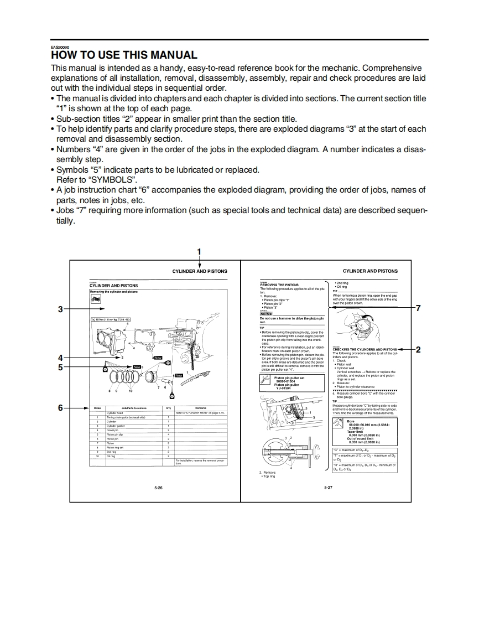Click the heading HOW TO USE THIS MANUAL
tap(124, 55)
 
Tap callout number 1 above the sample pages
tap(199, 252)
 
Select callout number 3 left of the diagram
tap(60, 309)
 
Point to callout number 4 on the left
tap(60, 358)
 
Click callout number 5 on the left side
tap(60, 366)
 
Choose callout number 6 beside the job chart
tap(60, 408)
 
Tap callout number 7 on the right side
tap(418, 308)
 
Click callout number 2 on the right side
tap(418, 349)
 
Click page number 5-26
tap(159, 488)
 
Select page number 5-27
tap(328, 488)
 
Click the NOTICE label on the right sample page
tap(266, 314)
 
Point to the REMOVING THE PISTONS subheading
tap(279, 285)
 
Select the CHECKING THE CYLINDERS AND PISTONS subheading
tap(365, 350)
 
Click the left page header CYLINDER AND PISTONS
tap(200, 271)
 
